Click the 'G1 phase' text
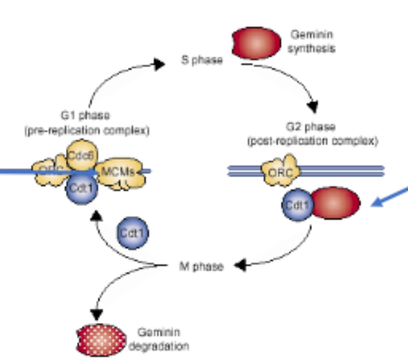coord(85,115)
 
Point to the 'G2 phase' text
coord(312,126)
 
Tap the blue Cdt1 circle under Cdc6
coord(81,190)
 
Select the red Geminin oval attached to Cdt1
coord(336,204)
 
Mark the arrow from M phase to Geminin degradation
coord(116,285)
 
